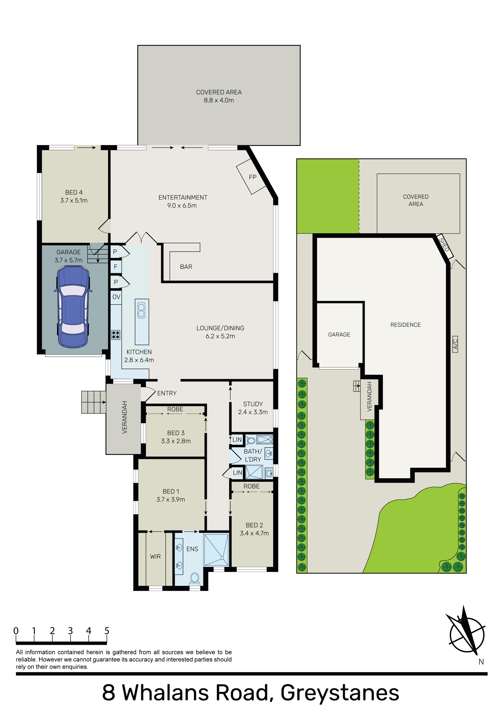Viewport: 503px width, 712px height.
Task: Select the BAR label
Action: (x=186, y=267)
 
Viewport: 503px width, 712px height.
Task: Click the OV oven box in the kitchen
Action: (x=116, y=297)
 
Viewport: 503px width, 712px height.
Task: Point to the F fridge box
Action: (x=116, y=267)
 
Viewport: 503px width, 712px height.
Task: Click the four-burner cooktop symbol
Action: (x=116, y=335)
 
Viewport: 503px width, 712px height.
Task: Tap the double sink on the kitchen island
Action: (x=141, y=310)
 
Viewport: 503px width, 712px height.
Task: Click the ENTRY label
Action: (x=167, y=393)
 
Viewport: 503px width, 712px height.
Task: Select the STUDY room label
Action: (x=253, y=404)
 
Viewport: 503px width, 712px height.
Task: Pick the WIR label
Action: (x=155, y=557)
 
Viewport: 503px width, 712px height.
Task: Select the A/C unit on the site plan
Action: (x=455, y=344)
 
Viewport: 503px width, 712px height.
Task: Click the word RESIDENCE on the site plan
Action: (x=405, y=325)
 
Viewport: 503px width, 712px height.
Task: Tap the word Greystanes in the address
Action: (x=340, y=693)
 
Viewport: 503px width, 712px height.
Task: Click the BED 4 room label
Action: (x=74, y=192)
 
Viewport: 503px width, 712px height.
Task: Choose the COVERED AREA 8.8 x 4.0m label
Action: (x=219, y=96)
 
